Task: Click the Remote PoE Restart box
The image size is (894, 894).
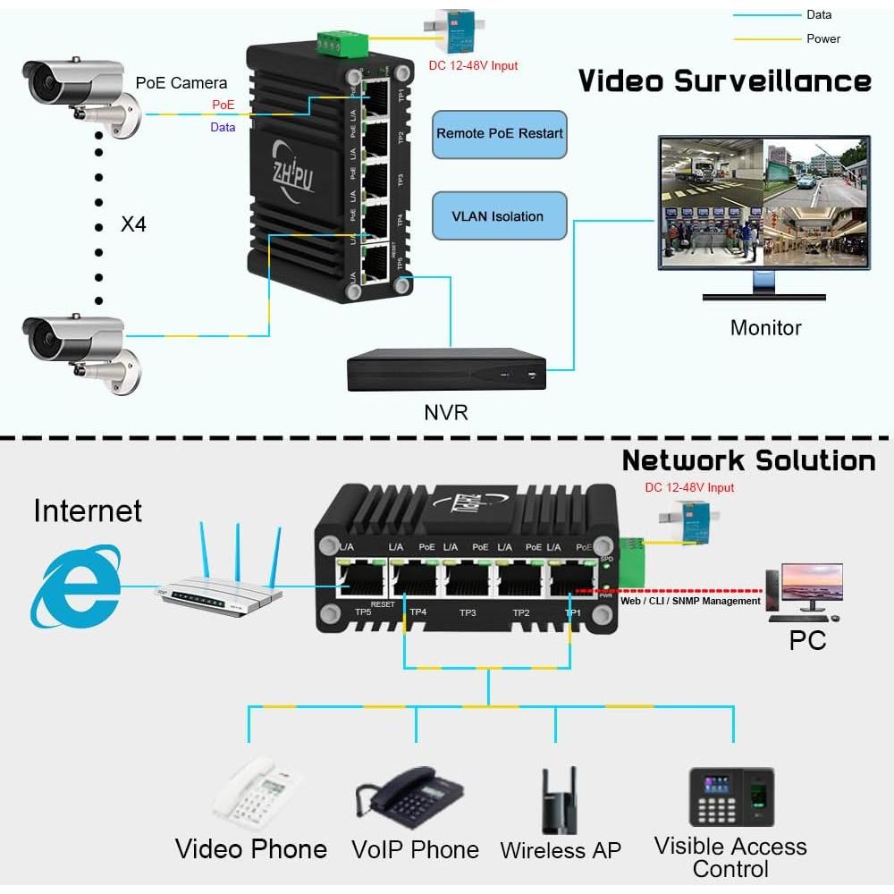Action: click(500, 134)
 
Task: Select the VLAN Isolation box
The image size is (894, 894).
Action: click(499, 216)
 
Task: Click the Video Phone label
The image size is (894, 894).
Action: click(251, 848)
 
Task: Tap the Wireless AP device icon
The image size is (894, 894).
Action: click(560, 800)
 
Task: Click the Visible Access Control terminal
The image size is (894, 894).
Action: click(730, 797)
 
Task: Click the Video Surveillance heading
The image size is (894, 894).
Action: click(724, 81)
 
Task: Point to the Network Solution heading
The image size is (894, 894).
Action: click(748, 460)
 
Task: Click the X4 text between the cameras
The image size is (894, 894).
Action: click(133, 223)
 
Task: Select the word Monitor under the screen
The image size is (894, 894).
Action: click(765, 327)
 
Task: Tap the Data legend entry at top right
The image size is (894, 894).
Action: click(818, 14)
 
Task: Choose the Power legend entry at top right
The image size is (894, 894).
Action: click(822, 38)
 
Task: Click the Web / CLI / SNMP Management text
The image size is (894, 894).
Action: click(690, 601)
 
